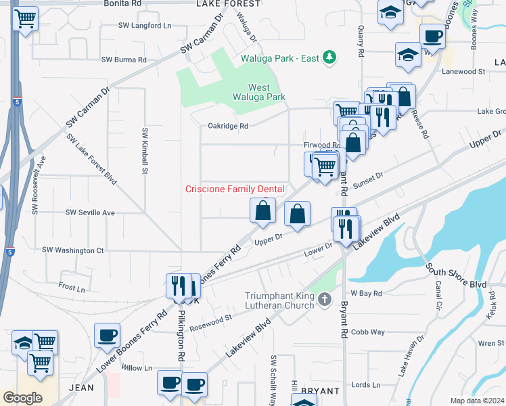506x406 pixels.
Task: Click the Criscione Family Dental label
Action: tap(235, 189)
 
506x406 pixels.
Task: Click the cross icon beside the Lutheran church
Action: tap(325, 298)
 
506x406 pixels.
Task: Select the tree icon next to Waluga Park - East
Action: tap(329, 58)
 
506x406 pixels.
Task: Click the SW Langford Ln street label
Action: tap(145, 26)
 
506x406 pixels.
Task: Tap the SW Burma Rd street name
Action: tap(124, 60)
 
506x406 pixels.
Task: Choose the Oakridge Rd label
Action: tap(228, 126)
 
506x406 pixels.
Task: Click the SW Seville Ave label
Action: tap(90, 212)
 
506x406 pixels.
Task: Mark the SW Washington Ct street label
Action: tap(72, 250)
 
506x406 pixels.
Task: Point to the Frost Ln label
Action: tap(72, 287)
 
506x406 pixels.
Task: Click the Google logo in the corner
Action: tap(23, 397)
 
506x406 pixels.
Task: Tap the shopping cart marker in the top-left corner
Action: tap(25, 19)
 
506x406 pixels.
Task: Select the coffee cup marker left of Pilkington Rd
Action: tap(108, 336)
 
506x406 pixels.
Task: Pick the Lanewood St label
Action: tap(463, 71)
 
